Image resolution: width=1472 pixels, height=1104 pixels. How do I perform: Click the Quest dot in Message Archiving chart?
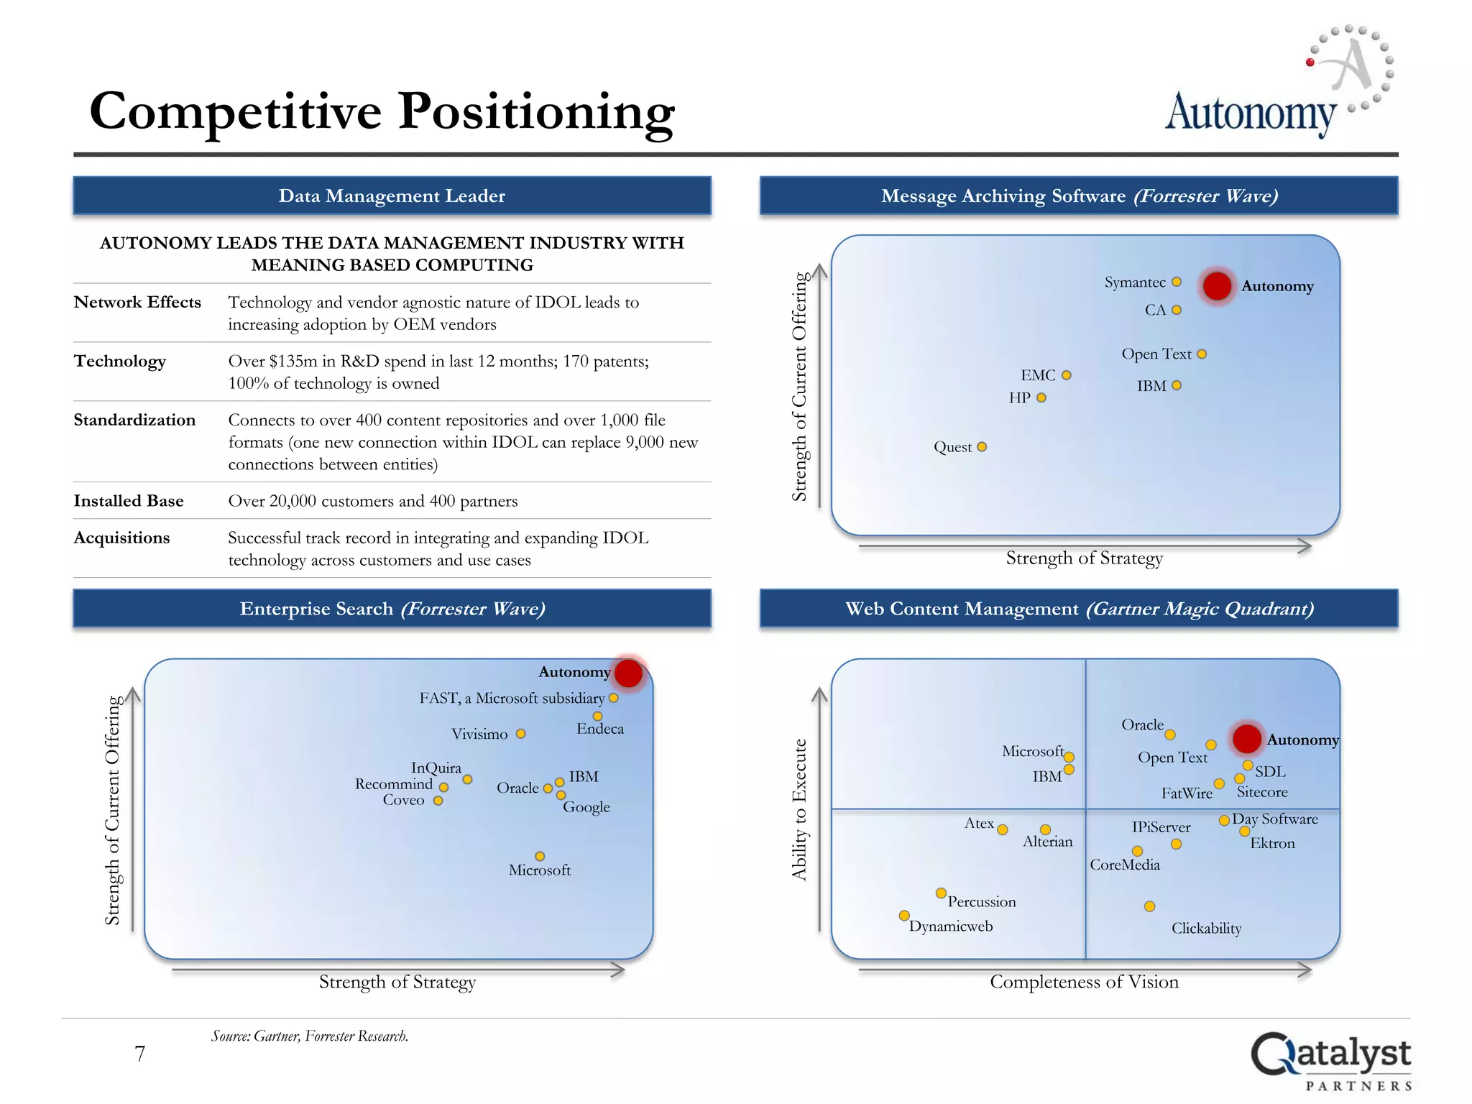pos(982,447)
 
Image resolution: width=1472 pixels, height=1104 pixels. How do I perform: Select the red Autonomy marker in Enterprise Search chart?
pos(628,673)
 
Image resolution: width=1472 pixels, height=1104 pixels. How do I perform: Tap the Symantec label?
pos(1135,282)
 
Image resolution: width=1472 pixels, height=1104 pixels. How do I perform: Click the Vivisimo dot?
pos(521,734)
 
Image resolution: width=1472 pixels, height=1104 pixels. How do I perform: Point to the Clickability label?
pos(1206,928)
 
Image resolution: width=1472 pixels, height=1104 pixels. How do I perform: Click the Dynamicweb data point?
pos(904,916)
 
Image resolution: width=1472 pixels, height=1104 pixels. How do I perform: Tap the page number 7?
pos(140,1054)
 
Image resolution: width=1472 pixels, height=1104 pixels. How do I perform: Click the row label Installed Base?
pos(129,501)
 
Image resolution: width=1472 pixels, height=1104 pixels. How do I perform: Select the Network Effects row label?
pos(137,302)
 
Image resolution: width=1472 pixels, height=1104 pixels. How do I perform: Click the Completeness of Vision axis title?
pos(1084,982)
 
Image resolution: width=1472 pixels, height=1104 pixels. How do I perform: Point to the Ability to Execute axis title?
pos(799,809)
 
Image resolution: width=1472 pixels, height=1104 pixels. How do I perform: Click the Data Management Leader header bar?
pos(392,195)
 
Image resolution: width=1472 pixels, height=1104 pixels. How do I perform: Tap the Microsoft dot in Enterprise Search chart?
pos(540,856)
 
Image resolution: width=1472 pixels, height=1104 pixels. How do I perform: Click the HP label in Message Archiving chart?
pos(1019,398)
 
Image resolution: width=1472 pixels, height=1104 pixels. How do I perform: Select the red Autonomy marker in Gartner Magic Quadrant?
pos(1246,739)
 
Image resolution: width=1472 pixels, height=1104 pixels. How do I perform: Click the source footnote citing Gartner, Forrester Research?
pos(310,1036)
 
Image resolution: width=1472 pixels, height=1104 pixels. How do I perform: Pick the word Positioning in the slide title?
pos(536,112)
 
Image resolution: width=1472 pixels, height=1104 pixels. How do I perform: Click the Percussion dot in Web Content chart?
pos(941,893)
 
